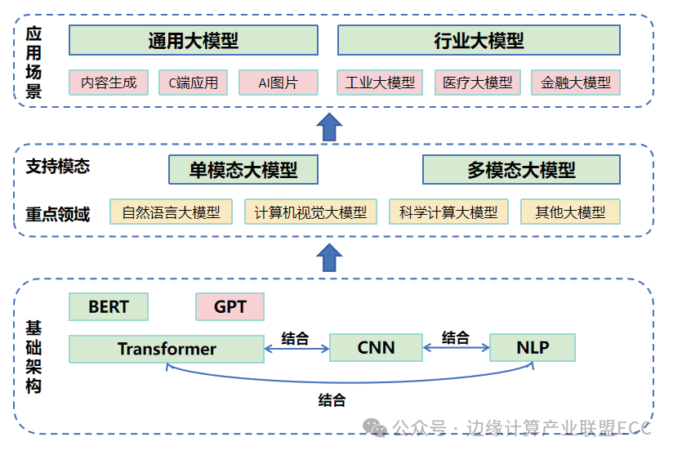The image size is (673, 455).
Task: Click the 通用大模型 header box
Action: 194,40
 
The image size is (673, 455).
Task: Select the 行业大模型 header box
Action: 479,40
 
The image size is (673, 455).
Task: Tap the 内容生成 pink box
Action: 109,83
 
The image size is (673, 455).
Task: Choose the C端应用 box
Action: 193,83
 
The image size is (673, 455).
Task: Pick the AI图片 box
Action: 279,83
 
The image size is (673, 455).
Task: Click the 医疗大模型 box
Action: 478,83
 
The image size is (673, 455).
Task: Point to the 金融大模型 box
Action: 576,83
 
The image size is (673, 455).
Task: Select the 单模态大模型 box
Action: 243,170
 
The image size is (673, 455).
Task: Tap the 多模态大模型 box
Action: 521,170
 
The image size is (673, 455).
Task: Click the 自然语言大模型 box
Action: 171,212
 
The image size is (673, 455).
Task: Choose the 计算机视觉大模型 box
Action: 310,212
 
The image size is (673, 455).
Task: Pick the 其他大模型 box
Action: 570,212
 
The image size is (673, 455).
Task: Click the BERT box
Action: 109,307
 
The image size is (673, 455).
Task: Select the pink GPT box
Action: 230,307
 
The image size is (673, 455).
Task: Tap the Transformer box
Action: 167,349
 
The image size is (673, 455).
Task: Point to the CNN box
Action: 376,347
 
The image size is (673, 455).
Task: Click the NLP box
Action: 533,347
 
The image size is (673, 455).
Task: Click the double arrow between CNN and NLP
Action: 457,348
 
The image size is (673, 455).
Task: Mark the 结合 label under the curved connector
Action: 332,400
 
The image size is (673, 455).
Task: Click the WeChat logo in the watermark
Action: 374,428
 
